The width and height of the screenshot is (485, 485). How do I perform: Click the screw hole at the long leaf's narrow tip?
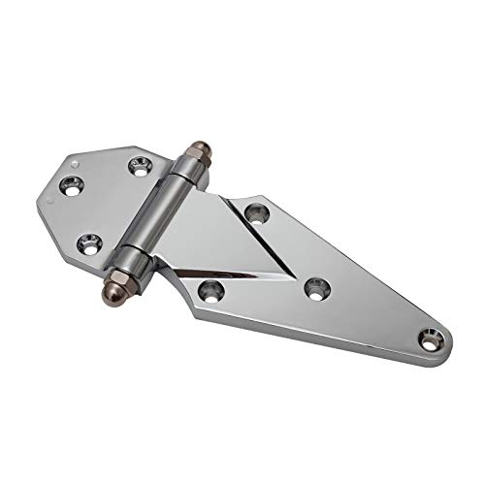coord(428,339)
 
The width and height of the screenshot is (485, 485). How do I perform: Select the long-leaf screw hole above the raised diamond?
coord(256,210)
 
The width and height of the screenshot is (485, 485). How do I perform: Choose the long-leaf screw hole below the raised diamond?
coord(212,289)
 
